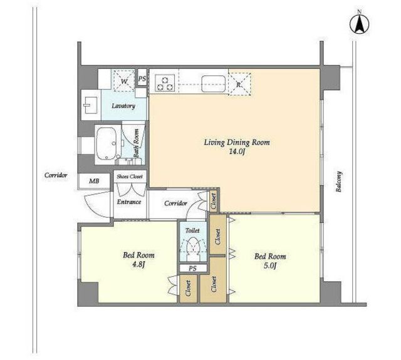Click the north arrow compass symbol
(x=359, y=24)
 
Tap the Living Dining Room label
(x=237, y=142)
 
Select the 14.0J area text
(x=237, y=152)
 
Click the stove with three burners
(x=165, y=83)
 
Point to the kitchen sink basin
(x=213, y=83)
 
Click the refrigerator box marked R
(x=239, y=85)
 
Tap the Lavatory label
(x=123, y=106)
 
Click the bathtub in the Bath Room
(x=107, y=144)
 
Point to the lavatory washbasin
(x=90, y=105)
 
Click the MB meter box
(x=94, y=181)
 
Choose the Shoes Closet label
(x=130, y=177)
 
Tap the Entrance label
(x=129, y=202)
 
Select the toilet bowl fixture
(x=193, y=247)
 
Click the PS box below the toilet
(x=193, y=269)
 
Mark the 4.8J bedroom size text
(x=138, y=265)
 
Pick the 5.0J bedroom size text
(x=270, y=266)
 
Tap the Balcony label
(x=339, y=182)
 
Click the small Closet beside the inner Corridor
(x=213, y=200)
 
